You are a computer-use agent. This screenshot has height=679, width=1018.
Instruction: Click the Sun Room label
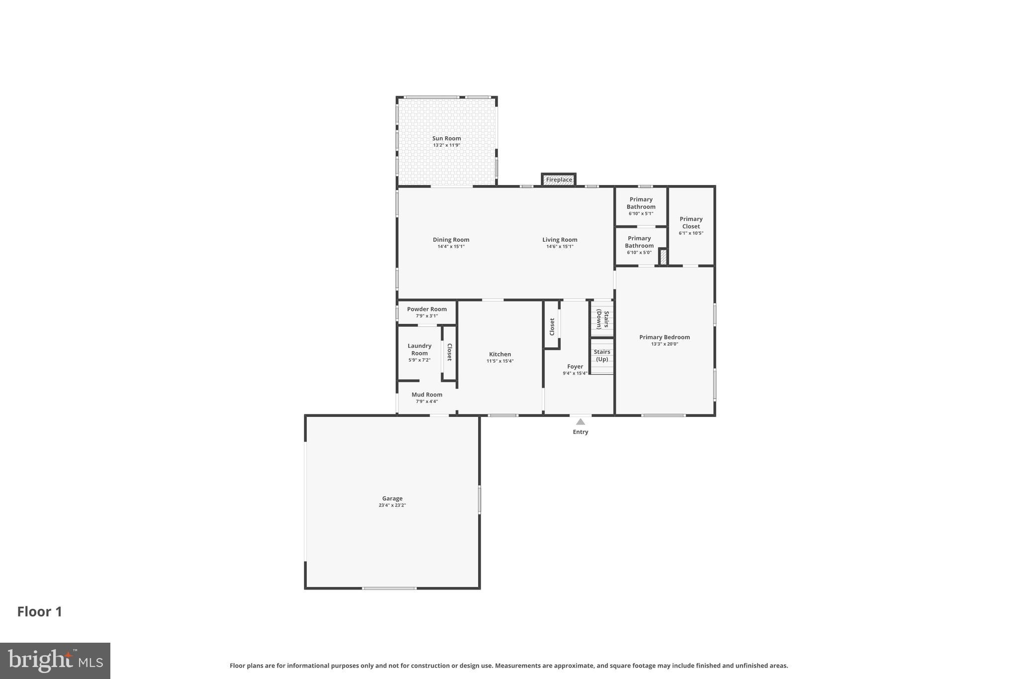(446, 138)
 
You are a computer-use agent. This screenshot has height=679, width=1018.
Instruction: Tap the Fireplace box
(559, 180)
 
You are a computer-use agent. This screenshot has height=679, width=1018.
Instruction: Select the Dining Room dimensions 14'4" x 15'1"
(451, 247)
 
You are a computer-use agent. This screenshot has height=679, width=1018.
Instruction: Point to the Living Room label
(560, 240)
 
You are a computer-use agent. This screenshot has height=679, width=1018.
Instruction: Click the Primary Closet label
(691, 222)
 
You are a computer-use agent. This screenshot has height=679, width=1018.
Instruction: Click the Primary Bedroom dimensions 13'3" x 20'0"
(665, 344)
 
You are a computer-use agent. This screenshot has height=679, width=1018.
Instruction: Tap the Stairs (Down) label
(602, 319)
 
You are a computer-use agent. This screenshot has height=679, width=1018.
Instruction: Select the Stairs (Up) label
(602, 355)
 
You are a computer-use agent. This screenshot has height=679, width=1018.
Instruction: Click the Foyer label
(575, 367)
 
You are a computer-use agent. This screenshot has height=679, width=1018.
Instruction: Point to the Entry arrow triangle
(580, 422)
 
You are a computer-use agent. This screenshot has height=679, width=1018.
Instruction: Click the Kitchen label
(500, 354)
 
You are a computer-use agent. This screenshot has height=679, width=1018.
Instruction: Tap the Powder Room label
(426, 309)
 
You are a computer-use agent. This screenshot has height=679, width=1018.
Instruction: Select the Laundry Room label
(420, 349)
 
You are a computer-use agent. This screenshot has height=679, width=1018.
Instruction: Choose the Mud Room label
(426, 394)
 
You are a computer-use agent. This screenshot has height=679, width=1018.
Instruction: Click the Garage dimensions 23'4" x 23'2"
(392, 505)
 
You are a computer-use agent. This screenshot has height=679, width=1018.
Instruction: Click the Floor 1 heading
(40, 612)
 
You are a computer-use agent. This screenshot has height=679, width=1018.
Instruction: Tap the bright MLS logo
(55, 661)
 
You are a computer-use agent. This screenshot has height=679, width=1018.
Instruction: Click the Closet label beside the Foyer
(552, 327)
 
